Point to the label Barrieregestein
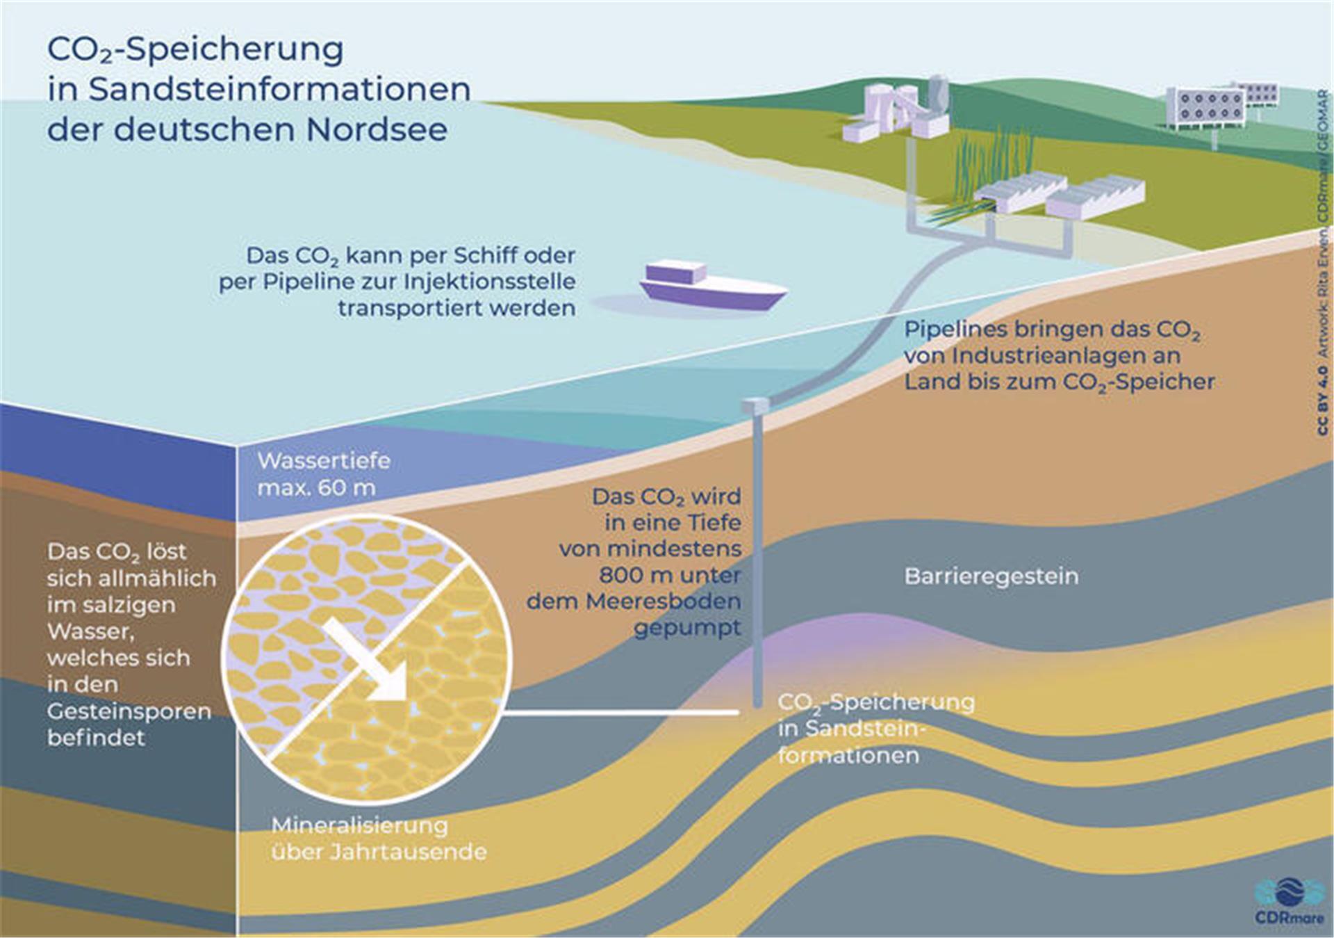pos(991,576)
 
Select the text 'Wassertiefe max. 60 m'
pos(324,474)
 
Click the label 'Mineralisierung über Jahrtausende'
pos(379,839)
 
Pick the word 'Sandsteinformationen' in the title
pos(280,89)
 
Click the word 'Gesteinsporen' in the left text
pos(129,711)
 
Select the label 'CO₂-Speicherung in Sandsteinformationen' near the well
pos(875,728)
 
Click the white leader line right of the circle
pos(618,712)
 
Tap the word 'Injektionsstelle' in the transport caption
pos(491,282)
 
